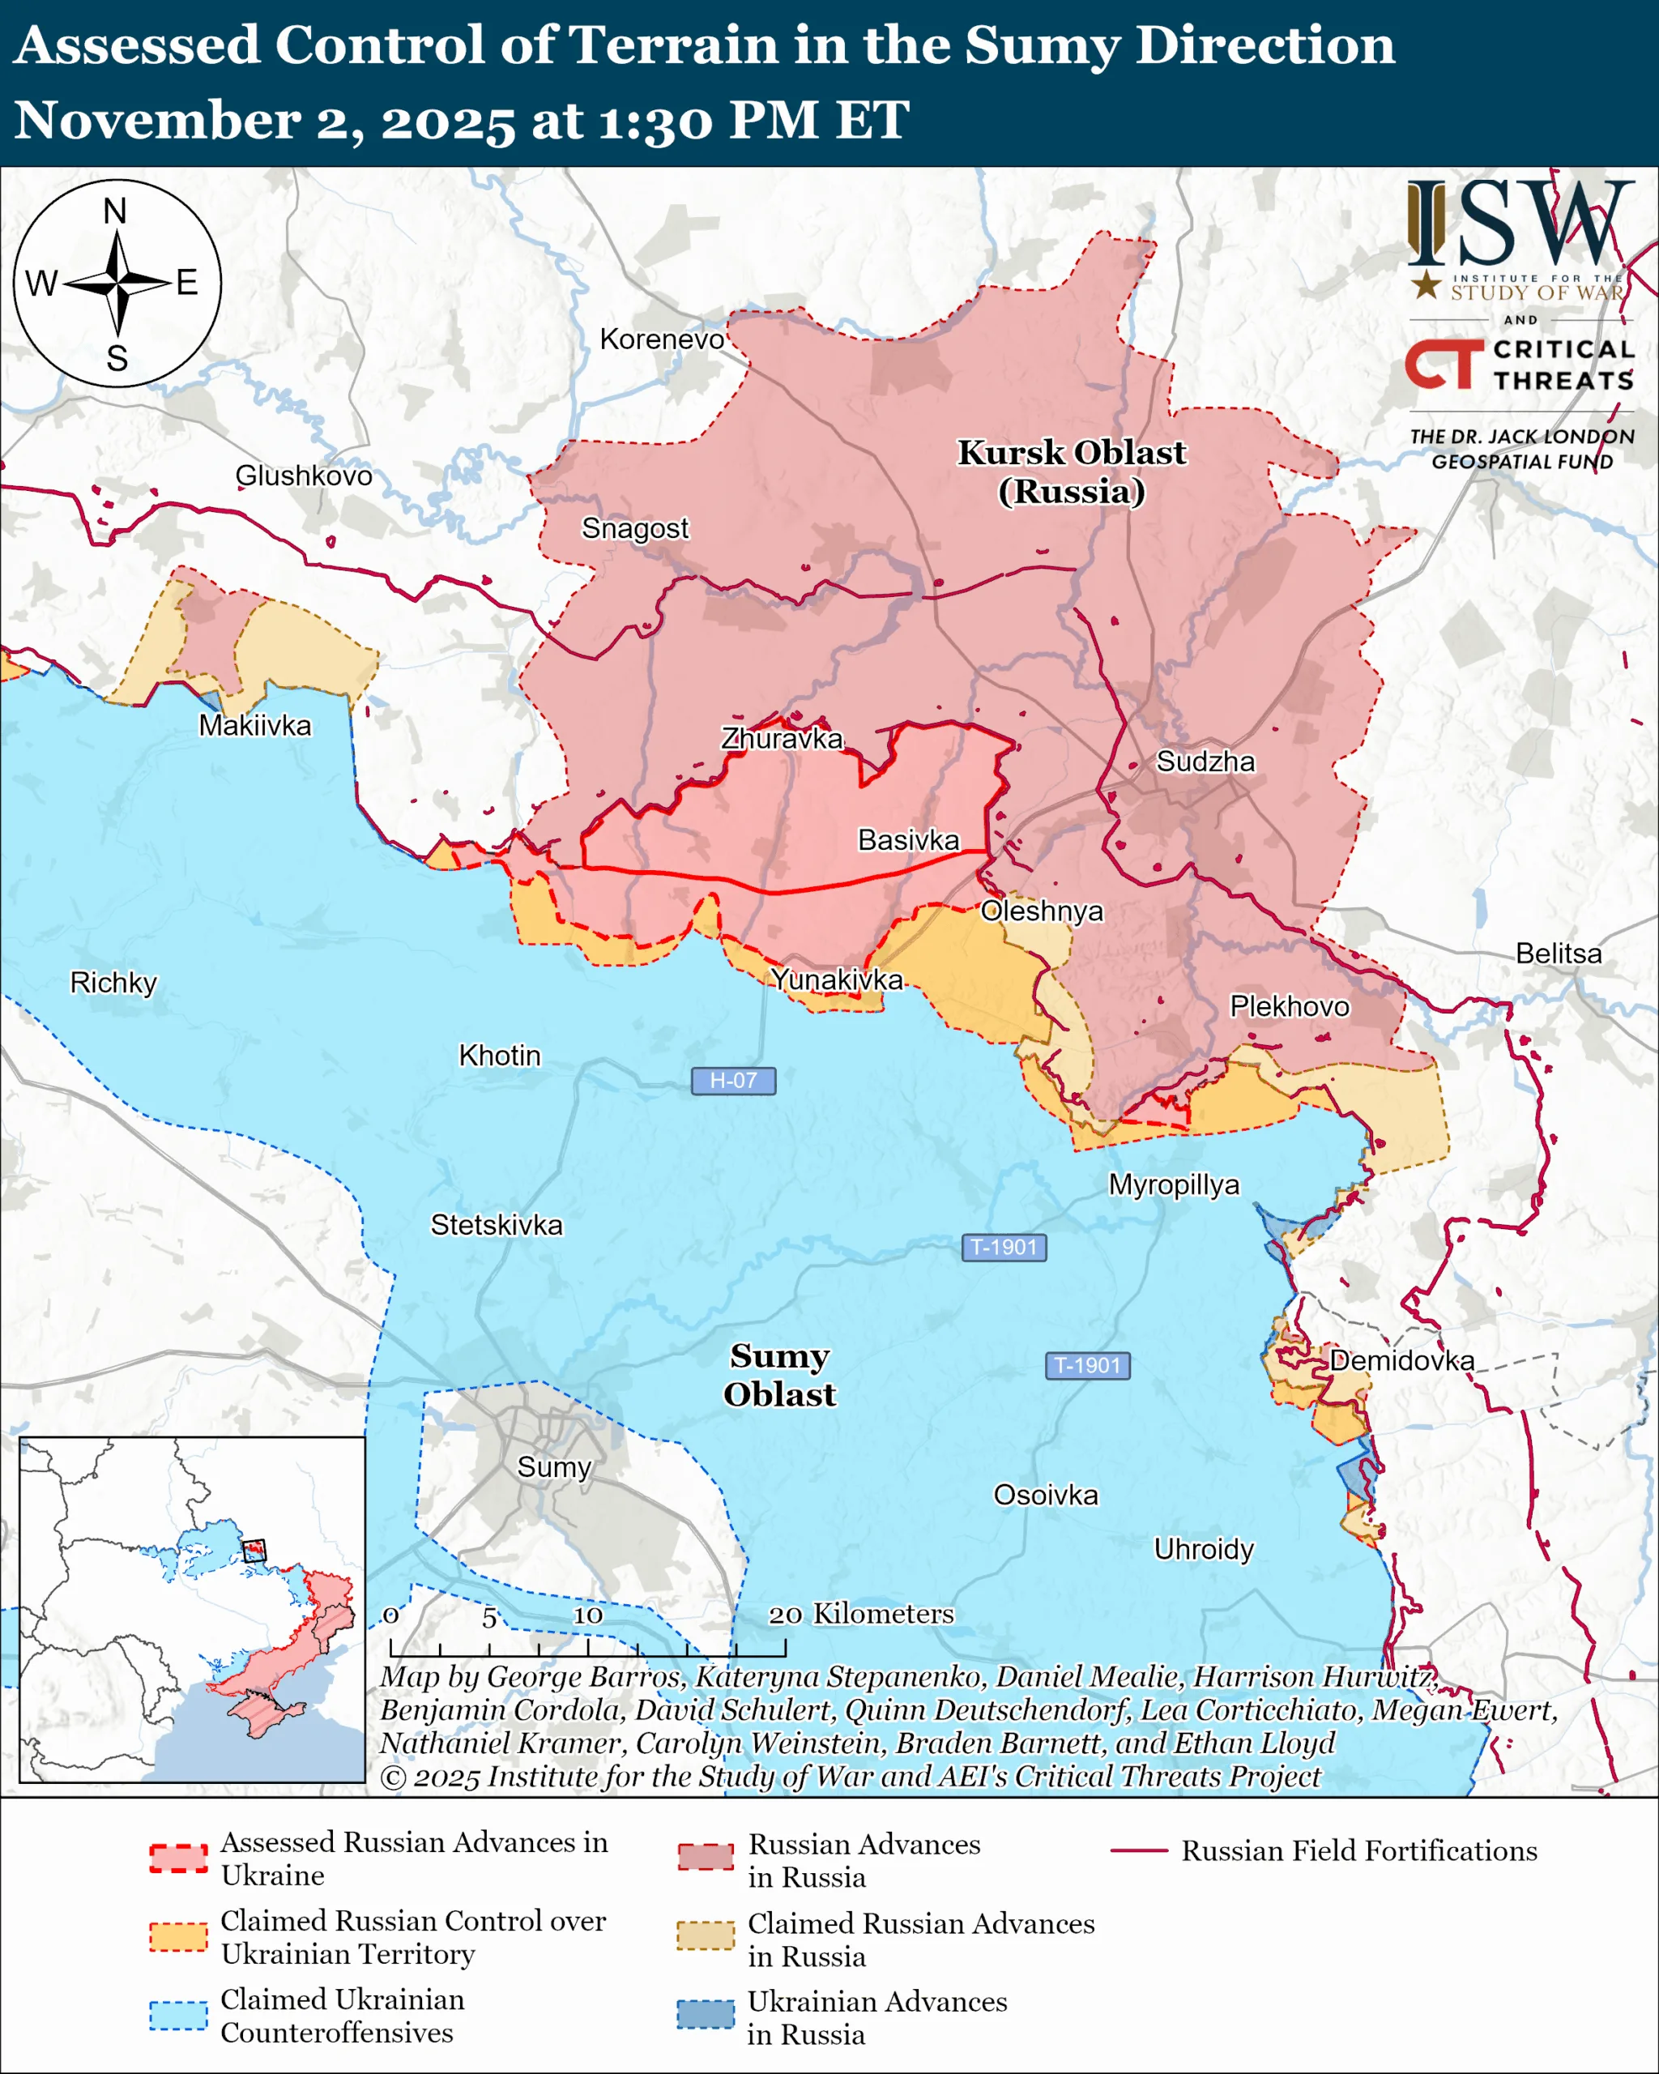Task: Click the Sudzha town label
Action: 1205,762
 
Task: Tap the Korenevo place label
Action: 662,339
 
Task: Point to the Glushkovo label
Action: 304,476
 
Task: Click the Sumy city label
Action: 554,1467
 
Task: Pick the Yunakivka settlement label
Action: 837,979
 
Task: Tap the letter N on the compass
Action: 115,211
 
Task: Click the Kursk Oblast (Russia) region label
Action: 1072,472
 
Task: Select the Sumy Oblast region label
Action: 779,1375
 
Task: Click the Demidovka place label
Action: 1401,1360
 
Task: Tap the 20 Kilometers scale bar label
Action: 861,1613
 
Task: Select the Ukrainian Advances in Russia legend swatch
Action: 705,2013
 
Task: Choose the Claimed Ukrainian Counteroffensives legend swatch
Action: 179,2014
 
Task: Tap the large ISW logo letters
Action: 1520,224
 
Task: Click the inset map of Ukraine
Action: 192,1608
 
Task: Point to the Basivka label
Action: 908,840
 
